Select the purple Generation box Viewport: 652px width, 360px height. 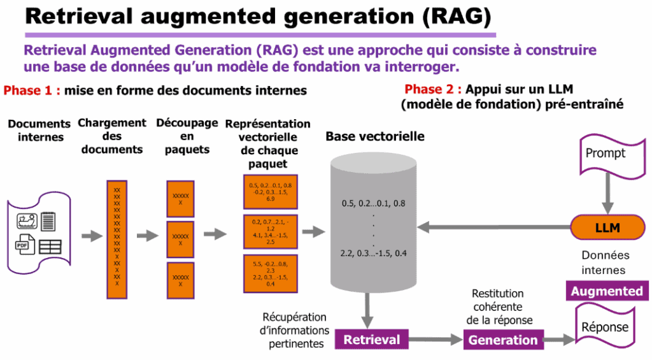[503, 340]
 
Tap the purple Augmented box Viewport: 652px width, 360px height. [606, 291]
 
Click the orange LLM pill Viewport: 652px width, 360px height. [607, 227]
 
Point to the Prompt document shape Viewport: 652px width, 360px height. [606, 155]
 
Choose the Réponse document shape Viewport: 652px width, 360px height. [606, 327]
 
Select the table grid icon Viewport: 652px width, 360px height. [50, 247]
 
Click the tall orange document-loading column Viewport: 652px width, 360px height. [117, 239]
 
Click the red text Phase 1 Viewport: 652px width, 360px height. [32, 90]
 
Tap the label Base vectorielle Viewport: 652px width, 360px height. [375, 137]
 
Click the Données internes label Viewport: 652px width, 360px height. [606, 263]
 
